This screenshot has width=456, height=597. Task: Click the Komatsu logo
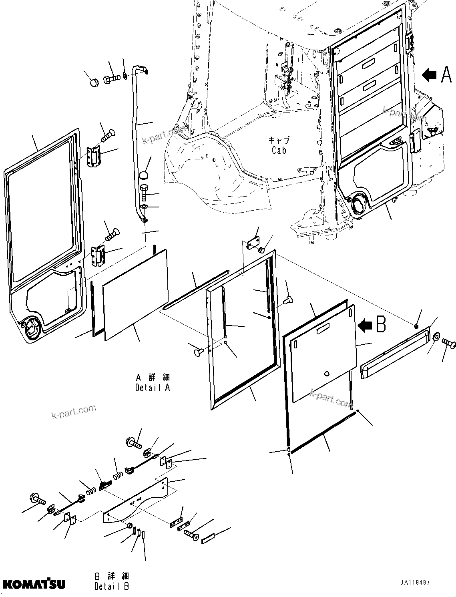click(x=34, y=584)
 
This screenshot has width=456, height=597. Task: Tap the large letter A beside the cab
click(x=446, y=74)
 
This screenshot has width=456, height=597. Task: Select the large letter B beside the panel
click(x=381, y=325)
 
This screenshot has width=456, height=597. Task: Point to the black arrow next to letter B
click(x=364, y=326)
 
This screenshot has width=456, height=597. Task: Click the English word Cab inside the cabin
click(x=279, y=151)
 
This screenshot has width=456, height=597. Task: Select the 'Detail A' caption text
click(x=153, y=388)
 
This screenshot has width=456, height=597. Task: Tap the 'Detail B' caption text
click(x=112, y=586)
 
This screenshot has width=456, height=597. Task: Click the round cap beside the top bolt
click(x=94, y=83)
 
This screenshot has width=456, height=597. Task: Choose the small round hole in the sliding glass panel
click(x=326, y=374)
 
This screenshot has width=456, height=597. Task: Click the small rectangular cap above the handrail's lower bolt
click(x=143, y=175)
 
